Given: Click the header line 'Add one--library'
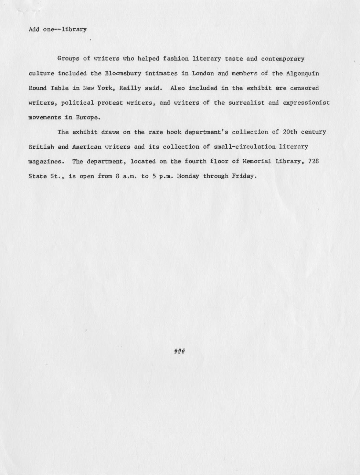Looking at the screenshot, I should (x=58, y=29).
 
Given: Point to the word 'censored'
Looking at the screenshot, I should (x=304, y=88).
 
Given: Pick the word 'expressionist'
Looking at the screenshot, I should (x=306, y=103).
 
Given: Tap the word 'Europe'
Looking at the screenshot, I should (x=88, y=117).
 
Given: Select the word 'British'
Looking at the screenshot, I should (x=41, y=147).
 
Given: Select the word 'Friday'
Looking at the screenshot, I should (x=244, y=176).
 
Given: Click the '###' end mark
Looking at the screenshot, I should (x=180, y=351).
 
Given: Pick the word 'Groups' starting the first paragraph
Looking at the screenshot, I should (x=68, y=59).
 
